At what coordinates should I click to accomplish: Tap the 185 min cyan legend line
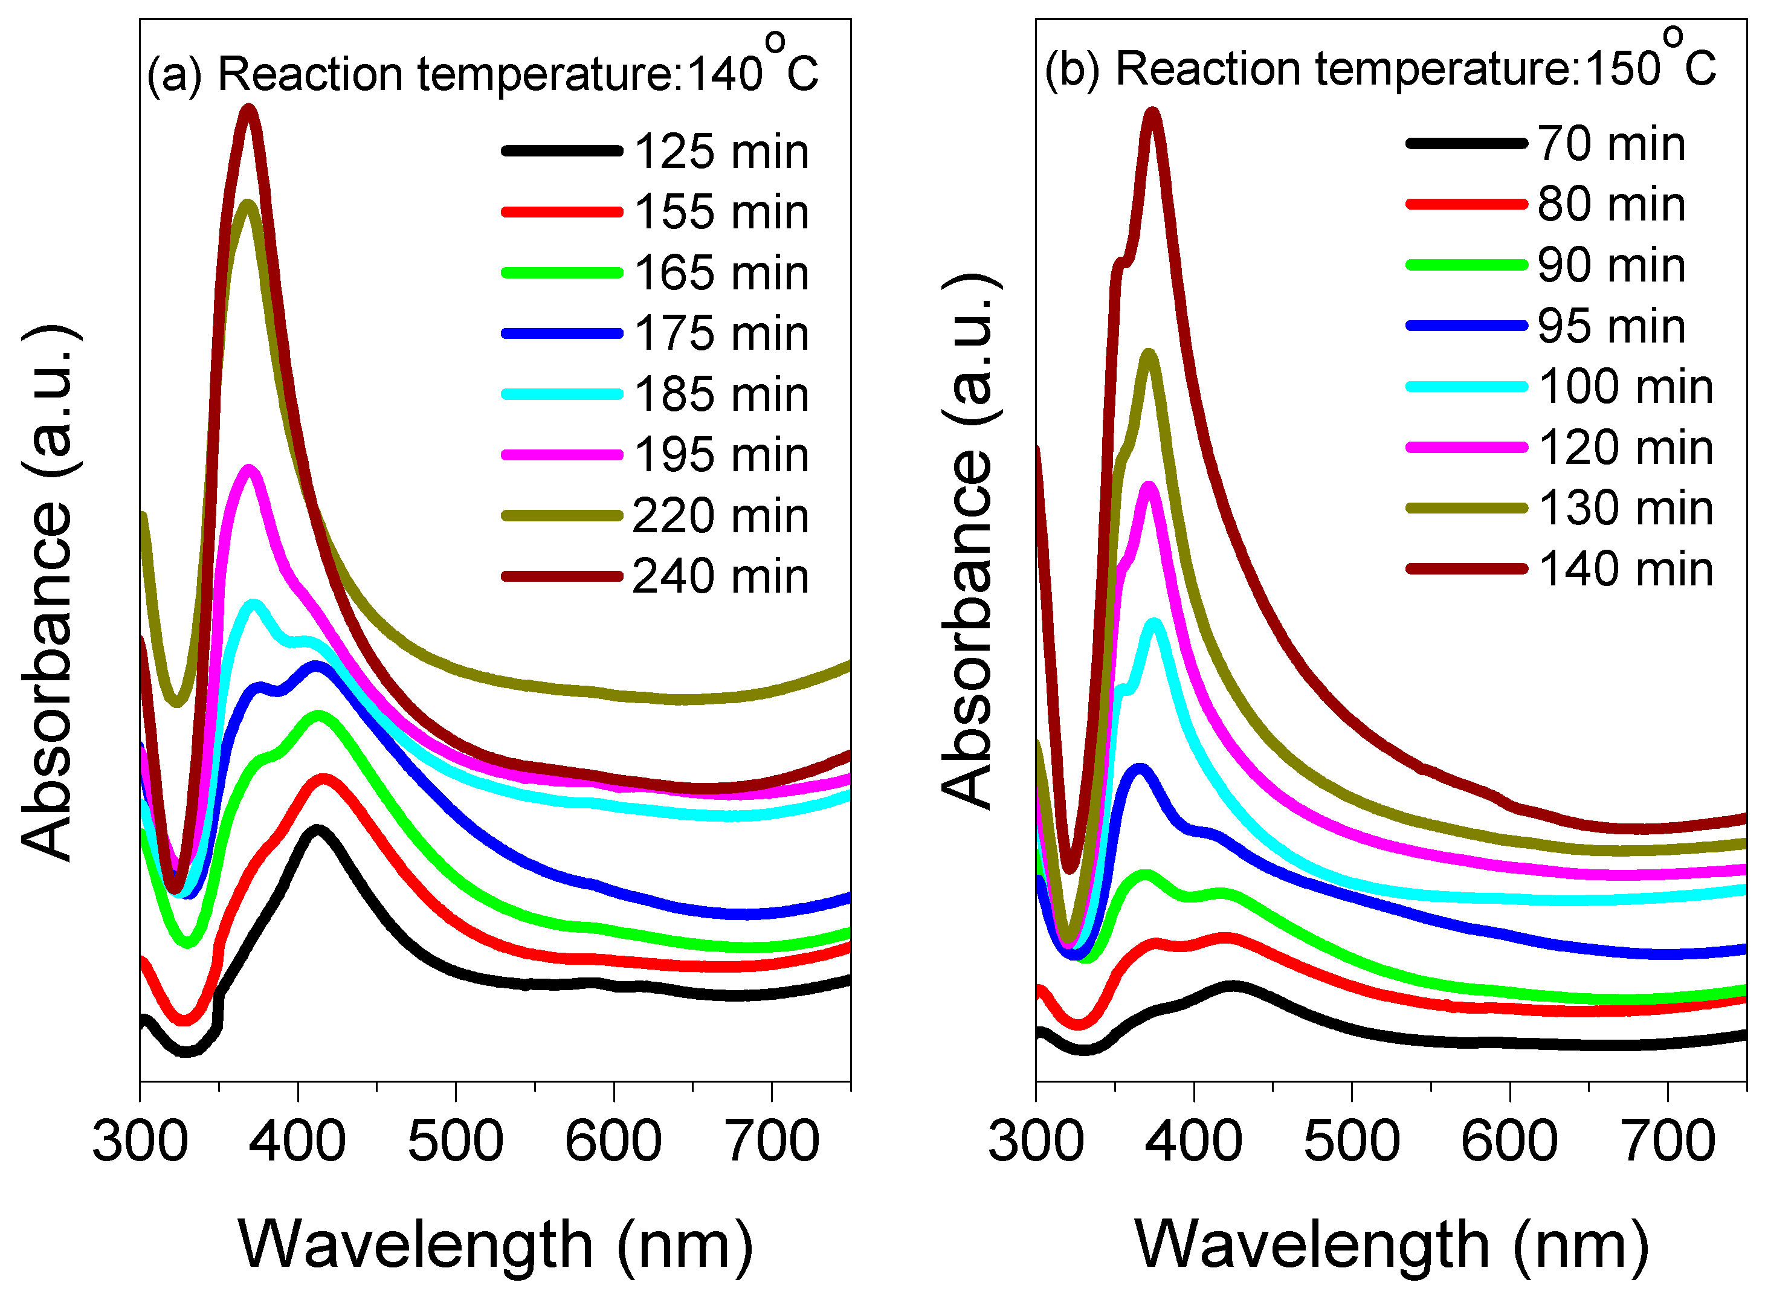pyautogui.click(x=562, y=394)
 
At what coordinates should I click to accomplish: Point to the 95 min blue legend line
pyautogui.click(x=1466, y=326)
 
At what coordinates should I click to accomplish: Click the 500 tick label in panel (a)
pyautogui.click(x=455, y=1141)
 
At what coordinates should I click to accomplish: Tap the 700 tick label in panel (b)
pyautogui.click(x=1668, y=1141)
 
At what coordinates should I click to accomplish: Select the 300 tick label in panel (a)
pyautogui.click(x=140, y=1141)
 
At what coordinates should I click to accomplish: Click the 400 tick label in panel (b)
pyautogui.click(x=1193, y=1141)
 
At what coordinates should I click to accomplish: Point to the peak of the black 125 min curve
pyautogui.click(x=317, y=830)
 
